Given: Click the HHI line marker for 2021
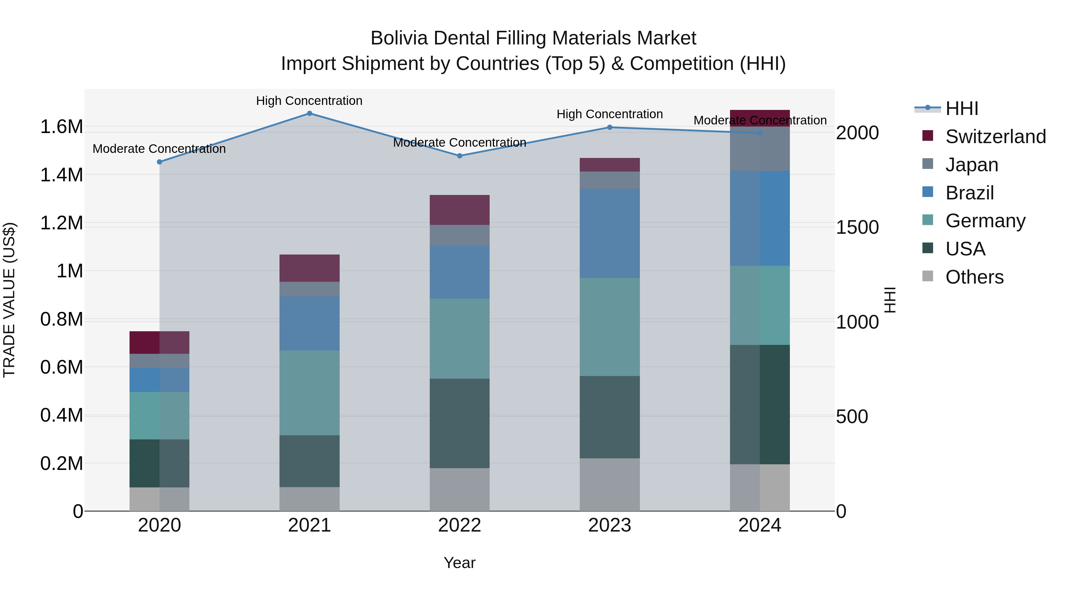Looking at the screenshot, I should pyautogui.click(x=309, y=113).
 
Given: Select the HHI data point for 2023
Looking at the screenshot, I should pyautogui.click(x=610, y=127).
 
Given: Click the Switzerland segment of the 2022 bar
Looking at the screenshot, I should pyautogui.click(x=459, y=210).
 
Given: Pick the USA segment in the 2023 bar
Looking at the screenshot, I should pyautogui.click(x=610, y=417).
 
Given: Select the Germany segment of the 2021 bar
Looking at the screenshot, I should pyautogui.click(x=309, y=393).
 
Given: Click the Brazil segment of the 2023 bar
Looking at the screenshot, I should pyautogui.click(x=610, y=233).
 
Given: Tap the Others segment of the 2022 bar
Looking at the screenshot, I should pyautogui.click(x=459, y=489).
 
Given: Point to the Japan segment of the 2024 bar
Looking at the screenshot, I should pyautogui.click(x=760, y=149).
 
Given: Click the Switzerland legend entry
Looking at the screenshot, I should pyautogui.click(x=995, y=137).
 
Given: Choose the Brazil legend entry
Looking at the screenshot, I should pyautogui.click(x=969, y=193).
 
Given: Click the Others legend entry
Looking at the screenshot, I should pyautogui.click(x=974, y=277).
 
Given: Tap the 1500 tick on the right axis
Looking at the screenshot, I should pyautogui.click(x=857, y=227).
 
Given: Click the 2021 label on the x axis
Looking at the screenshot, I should pyautogui.click(x=309, y=525).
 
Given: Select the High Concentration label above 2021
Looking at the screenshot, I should pyautogui.click(x=309, y=101).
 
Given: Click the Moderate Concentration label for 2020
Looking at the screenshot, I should pyautogui.click(x=159, y=149).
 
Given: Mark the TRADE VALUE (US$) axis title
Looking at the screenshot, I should pyautogui.click(x=9, y=300).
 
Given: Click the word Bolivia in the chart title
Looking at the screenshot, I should pyautogui.click(x=399, y=38).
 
